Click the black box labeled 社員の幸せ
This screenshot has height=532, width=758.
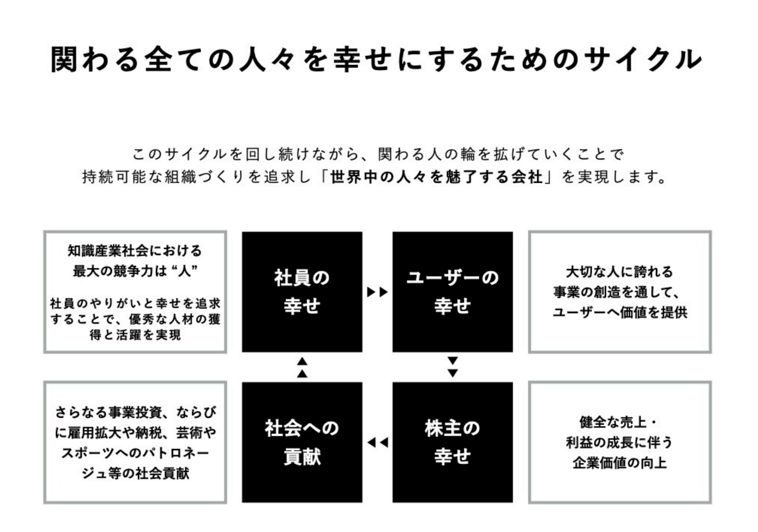point(302,291)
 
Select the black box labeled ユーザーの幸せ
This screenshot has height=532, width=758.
point(452,291)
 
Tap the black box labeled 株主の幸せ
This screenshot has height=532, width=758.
point(452,442)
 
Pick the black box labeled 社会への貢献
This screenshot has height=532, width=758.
point(302,442)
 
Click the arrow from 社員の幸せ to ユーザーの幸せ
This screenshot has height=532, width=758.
point(377,292)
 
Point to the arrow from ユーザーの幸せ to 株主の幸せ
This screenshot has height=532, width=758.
point(453,367)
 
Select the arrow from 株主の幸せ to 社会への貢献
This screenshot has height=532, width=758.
point(377,443)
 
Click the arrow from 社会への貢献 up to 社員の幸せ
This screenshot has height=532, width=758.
point(302,367)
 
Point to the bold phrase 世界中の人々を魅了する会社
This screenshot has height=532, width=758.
point(436,177)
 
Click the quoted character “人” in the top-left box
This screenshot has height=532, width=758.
point(184,271)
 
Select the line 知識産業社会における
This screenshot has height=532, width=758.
point(135,251)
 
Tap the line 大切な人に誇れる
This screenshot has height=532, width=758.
point(620,272)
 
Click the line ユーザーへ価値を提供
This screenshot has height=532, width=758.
point(620,312)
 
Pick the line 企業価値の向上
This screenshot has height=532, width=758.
point(620,463)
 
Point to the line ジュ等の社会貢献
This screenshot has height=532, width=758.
point(135,473)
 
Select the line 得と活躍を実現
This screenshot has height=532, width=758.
point(135,334)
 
